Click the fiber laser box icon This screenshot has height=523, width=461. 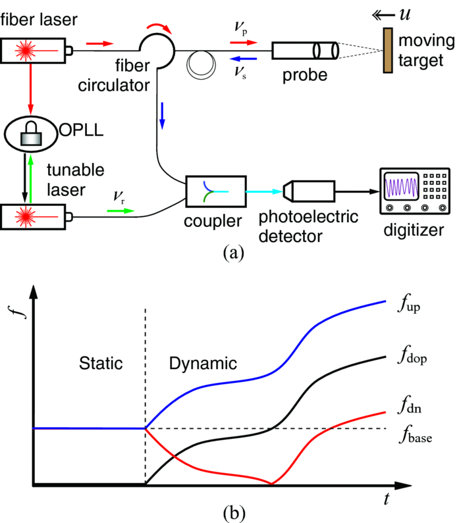pos(34,49)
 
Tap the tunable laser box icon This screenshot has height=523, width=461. pos(34,214)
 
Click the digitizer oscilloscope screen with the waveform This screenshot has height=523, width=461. pos(398,187)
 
